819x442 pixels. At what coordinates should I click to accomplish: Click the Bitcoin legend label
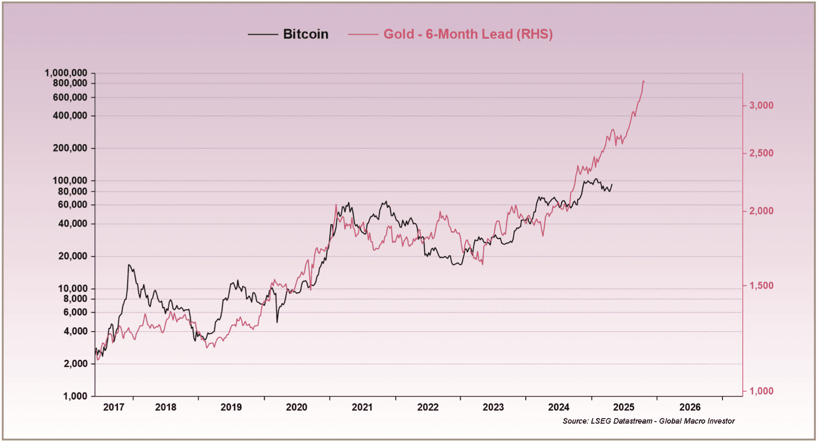pos(305,34)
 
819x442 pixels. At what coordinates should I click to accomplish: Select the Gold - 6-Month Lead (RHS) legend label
pos(467,34)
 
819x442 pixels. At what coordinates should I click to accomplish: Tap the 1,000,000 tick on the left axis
pos(66,73)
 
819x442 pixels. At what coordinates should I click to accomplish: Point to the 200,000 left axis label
pos(70,148)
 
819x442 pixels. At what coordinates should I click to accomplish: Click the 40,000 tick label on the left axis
pos(73,224)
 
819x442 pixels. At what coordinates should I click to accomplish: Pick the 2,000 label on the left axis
pos(75,364)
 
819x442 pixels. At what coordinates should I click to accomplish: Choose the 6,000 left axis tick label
pos(75,312)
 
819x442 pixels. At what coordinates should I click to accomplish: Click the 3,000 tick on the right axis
pos(761,106)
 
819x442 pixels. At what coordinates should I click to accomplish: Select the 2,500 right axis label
pos(761,153)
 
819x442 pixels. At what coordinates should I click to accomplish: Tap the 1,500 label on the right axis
pos(761,286)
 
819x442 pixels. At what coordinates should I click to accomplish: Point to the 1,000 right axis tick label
pos(761,391)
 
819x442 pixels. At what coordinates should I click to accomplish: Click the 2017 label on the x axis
pos(113,407)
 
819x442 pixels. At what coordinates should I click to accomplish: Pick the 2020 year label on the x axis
pos(296,407)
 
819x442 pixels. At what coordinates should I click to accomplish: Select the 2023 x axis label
pos(493,407)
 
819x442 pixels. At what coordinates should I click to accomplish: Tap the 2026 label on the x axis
pos(689,407)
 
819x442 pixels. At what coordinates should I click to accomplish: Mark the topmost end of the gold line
pos(643,81)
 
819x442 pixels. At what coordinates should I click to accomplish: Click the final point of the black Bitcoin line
pos(612,184)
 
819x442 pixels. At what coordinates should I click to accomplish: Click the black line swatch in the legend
pos(263,35)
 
